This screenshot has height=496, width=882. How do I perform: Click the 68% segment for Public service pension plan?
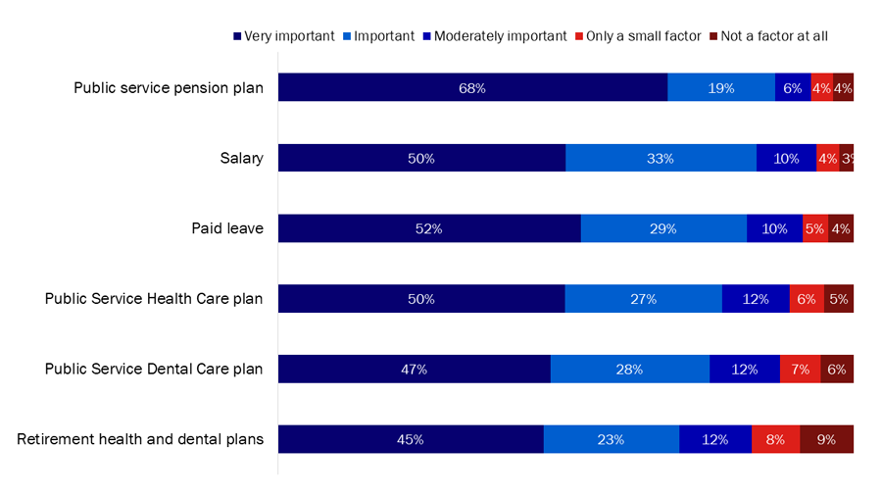tap(472, 87)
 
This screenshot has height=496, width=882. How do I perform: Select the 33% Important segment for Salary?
tap(661, 158)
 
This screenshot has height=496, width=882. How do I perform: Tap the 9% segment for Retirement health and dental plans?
tap(826, 439)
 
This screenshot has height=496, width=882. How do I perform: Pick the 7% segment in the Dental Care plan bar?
tap(800, 370)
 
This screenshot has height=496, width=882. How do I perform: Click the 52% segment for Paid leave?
tap(429, 228)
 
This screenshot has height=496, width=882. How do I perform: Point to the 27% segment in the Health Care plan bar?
tap(643, 299)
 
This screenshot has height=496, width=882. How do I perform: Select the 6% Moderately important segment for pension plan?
tap(793, 87)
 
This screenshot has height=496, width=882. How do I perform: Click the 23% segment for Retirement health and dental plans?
tap(611, 439)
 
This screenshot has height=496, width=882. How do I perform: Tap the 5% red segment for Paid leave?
tap(814, 228)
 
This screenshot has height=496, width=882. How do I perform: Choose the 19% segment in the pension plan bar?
tap(721, 87)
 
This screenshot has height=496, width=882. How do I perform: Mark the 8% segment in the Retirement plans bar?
tap(775, 439)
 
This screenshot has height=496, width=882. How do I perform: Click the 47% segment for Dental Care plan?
tap(414, 370)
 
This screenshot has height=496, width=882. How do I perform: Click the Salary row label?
tap(241, 158)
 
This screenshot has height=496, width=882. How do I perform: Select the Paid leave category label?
tap(227, 228)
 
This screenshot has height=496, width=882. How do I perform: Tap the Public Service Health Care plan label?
tap(154, 299)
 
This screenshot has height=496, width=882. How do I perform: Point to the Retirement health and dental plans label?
tap(140, 439)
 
